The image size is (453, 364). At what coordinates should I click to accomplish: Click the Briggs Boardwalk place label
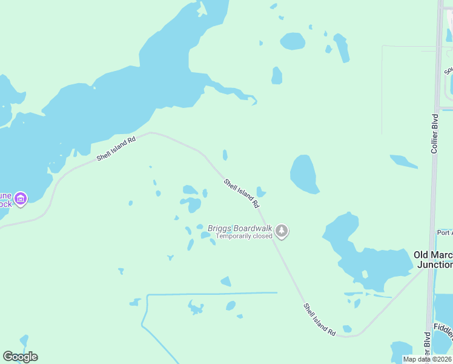click(x=240, y=228)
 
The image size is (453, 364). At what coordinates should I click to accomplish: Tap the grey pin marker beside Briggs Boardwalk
click(x=282, y=231)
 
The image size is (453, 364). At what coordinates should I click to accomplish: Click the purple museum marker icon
click(x=21, y=198)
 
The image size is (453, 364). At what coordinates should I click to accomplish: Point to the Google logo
click(x=20, y=357)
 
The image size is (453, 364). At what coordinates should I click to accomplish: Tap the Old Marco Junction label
click(x=433, y=260)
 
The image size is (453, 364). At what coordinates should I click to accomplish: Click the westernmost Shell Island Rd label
click(x=116, y=148)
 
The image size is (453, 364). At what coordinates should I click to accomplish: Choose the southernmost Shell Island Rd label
click(x=320, y=320)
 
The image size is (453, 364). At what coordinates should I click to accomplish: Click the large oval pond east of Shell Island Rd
click(x=303, y=174)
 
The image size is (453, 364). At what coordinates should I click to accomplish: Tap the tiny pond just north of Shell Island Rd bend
click(x=225, y=155)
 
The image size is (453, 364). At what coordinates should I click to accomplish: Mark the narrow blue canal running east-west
click(x=212, y=294)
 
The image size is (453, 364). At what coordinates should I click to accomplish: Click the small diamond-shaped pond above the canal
click(x=226, y=281)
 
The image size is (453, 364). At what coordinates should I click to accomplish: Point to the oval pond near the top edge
click(x=293, y=41)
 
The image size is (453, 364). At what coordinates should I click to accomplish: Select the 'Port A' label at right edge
click(x=444, y=232)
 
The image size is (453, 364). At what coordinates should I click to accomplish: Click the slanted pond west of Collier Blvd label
click(x=403, y=161)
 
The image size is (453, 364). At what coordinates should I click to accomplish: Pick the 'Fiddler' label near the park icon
click(x=443, y=328)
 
